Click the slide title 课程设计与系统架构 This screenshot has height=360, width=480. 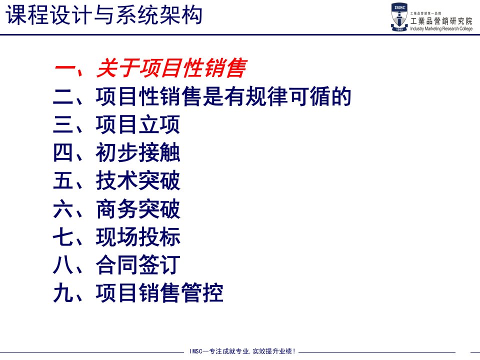coord(104,15)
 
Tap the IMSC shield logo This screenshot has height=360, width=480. coord(399,17)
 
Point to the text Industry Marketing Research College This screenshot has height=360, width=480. coord(441,28)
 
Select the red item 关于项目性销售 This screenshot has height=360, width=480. coord(171,68)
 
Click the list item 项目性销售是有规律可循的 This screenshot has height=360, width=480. coord(223,96)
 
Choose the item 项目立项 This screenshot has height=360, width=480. coord(138,124)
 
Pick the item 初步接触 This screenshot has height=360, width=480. coord(138,152)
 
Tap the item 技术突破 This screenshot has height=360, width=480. coord(138,180)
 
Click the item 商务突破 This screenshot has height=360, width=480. coord(138,209)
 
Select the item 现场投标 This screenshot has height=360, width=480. coord(138,236)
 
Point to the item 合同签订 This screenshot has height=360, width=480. coord(138,265)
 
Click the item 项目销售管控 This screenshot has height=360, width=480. coord(159,293)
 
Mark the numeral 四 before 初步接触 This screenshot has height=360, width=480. coord(63,152)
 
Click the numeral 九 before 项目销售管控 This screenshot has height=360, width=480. coord(63,293)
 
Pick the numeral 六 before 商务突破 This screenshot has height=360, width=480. coord(63,209)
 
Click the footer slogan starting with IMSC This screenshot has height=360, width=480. coord(242,351)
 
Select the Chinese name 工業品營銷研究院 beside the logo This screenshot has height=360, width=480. coord(441,21)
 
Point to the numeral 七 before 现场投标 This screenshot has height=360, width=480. coord(63,236)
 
